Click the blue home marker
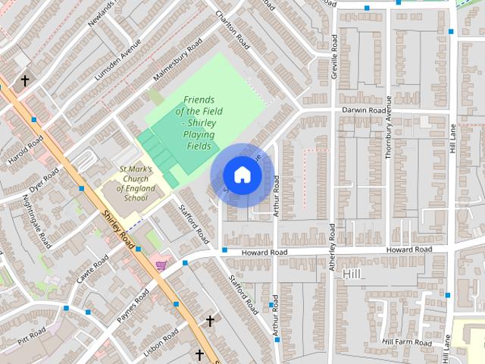[242, 175]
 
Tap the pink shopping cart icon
[161, 265]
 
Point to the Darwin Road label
[365, 110]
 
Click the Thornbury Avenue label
[389, 128]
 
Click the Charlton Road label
[233, 30]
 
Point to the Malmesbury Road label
[174, 67]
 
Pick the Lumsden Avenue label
[117, 60]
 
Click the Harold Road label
[25, 151]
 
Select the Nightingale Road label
[36, 221]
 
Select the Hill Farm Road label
[407, 342]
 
